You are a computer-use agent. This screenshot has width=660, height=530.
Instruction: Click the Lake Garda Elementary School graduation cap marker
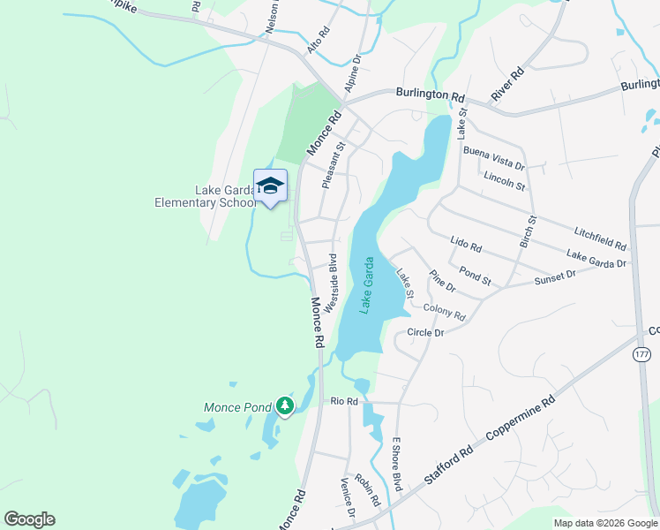[x=270, y=185]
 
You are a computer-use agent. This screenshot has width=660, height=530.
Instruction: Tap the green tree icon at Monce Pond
[x=284, y=405]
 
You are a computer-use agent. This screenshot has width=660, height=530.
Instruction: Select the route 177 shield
[x=641, y=354]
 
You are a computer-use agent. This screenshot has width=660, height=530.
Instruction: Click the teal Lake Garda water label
[x=366, y=285]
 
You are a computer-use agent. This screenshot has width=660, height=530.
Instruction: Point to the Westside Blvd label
[x=331, y=283]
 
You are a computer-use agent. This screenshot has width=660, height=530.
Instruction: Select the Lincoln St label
[x=504, y=182]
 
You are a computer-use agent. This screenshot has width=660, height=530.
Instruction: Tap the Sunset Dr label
[x=554, y=277]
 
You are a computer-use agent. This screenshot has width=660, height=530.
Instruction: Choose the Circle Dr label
[x=424, y=332]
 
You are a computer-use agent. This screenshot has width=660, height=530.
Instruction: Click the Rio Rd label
[x=343, y=401]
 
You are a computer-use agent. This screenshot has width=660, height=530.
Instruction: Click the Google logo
[x=30, y=519]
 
